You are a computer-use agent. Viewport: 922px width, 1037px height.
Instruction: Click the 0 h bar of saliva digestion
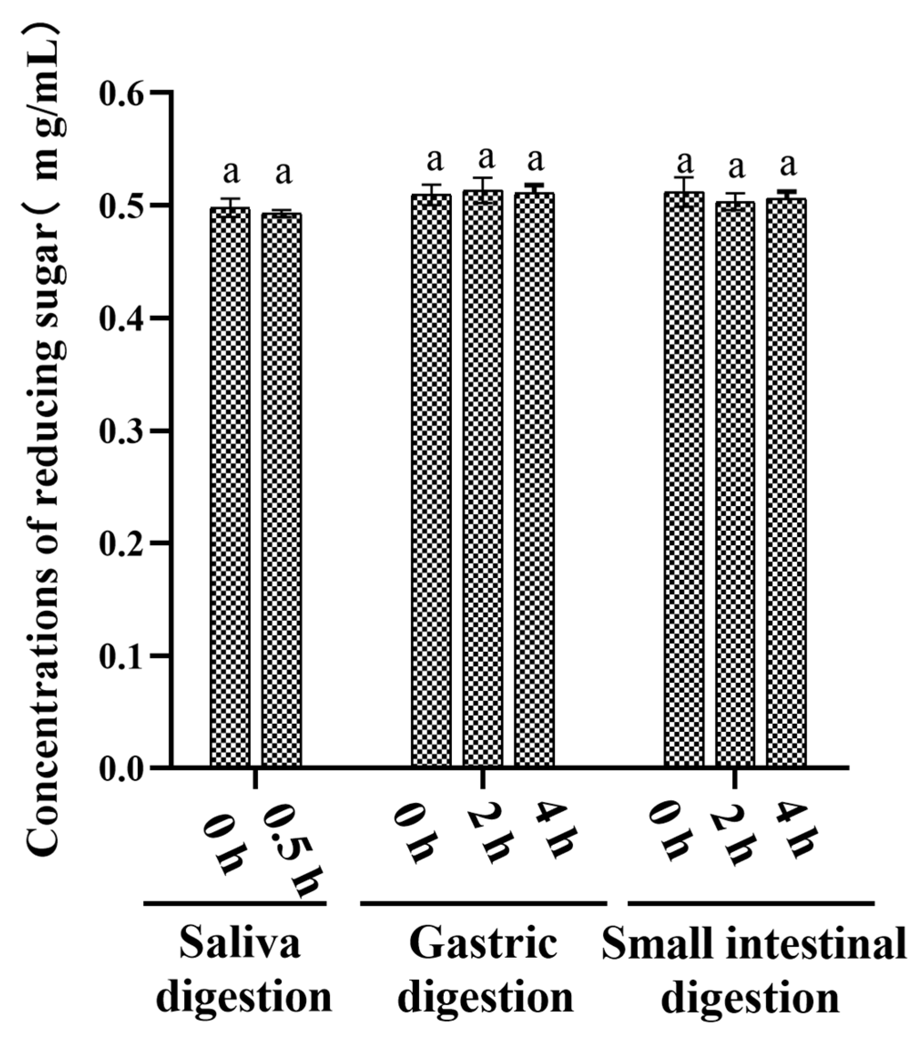point(230,487)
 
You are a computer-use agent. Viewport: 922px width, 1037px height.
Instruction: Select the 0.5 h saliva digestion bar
point(281,489)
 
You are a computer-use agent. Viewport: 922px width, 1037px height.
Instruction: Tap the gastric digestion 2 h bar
point(482,479)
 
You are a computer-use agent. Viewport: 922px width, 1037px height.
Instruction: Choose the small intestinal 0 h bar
point(684,480)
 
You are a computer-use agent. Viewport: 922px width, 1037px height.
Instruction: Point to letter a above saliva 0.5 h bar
point(283,173)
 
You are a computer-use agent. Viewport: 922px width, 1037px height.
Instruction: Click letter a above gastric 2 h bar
point(486,158)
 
